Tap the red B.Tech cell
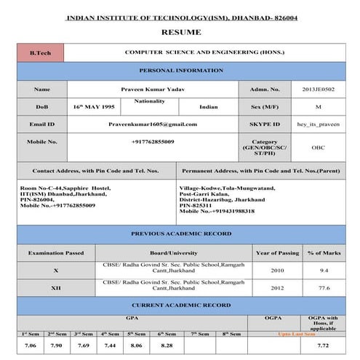(40, 54)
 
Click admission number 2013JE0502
(318, 89)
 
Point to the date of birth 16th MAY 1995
(94, 107)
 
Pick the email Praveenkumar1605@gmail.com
(152, 124)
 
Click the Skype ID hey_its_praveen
(318, 124)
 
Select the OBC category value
(318, 146)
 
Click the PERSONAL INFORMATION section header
(181, 71)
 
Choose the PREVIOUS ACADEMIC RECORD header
(181, 234)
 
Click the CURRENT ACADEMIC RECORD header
(181, 305)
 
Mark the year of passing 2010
(277, 270)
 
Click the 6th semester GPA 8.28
(167, 346)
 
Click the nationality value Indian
(208, 107)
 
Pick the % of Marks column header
(324, 252)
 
